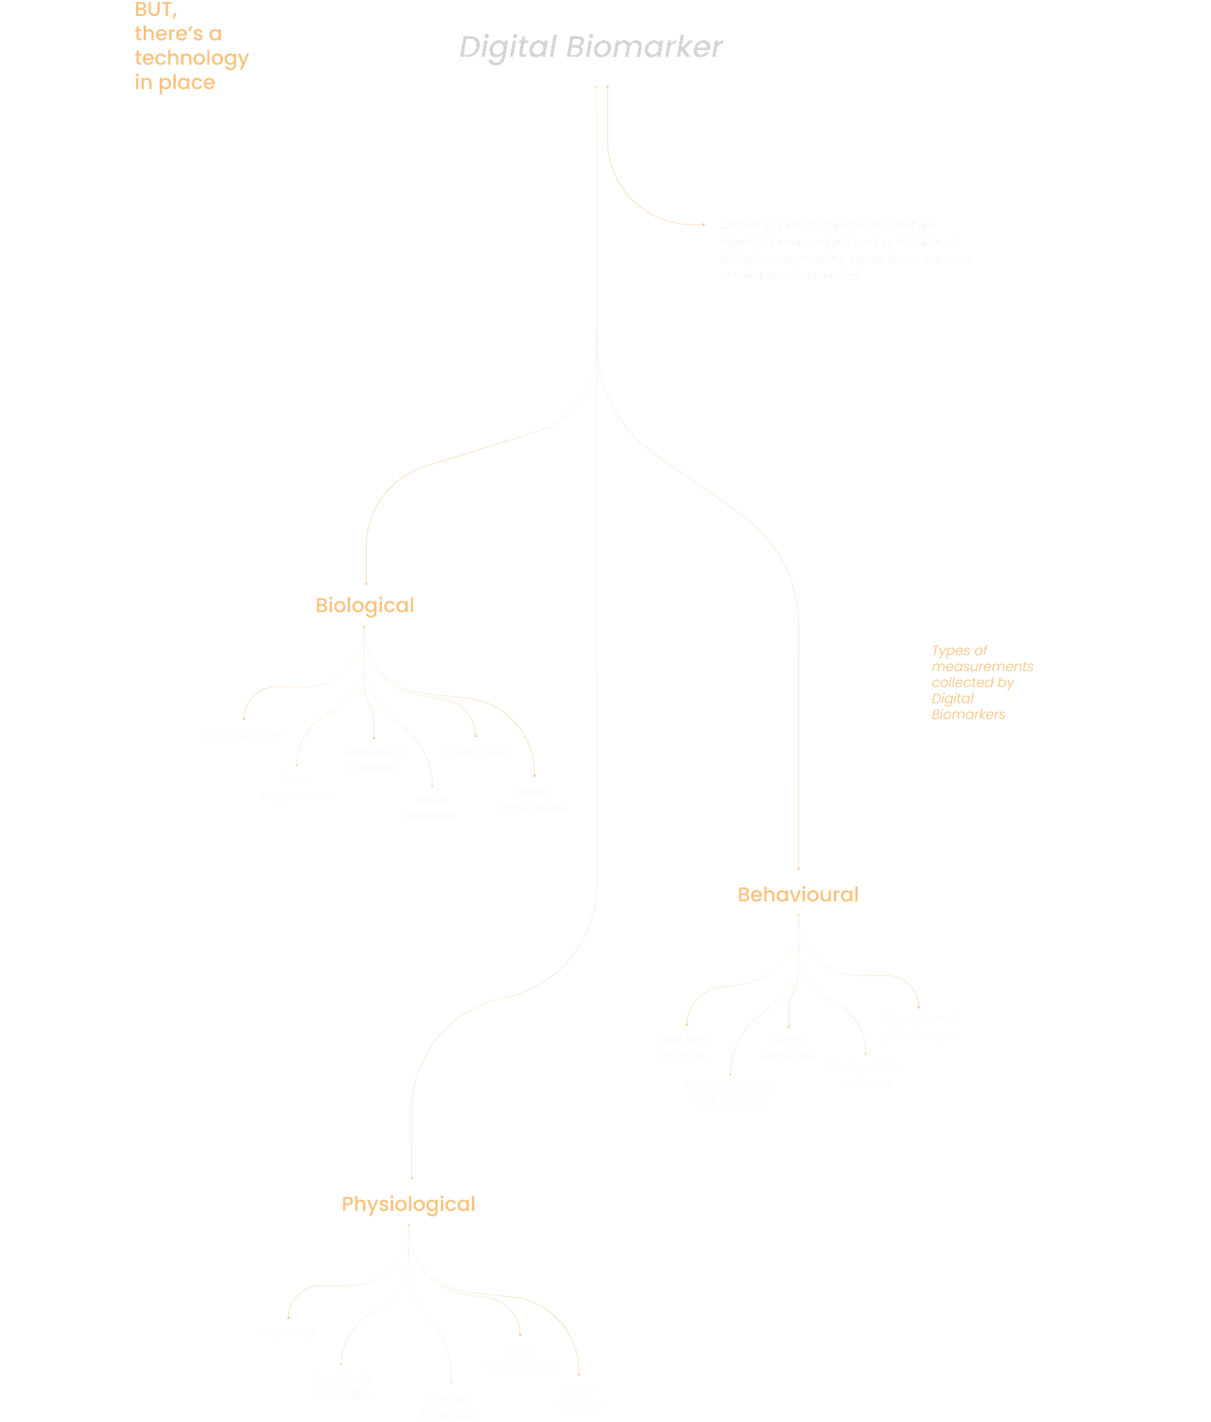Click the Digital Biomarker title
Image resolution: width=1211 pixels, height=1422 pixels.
590,48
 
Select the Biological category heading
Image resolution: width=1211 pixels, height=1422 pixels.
365,605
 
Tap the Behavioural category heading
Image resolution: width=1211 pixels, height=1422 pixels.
798,894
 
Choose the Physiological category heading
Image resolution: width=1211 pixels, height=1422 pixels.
408,1203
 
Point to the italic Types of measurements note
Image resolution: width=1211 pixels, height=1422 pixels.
981,682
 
